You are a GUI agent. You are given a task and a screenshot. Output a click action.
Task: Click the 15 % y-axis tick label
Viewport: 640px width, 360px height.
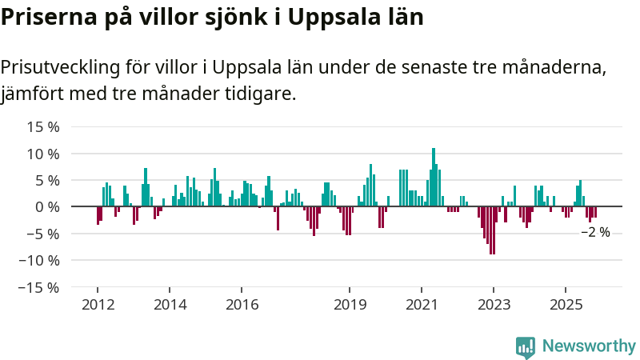(43, 126)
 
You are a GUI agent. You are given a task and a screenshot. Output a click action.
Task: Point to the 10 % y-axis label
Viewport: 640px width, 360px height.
(43, 154)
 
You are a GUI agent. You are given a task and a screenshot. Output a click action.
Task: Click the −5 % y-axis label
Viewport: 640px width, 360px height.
(42, 234)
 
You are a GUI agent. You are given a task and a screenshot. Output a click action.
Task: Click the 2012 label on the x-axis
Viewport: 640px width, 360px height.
(98, 304)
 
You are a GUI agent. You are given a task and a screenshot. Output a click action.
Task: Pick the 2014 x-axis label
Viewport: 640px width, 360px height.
(170, 304)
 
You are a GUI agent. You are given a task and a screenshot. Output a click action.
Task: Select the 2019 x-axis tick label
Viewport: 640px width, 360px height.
(350, 304)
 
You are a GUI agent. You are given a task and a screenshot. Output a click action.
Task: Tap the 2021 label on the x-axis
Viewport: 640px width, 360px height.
(422, 304)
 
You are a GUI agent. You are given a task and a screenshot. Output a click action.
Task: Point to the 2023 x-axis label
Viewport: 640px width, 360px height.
(494, 304)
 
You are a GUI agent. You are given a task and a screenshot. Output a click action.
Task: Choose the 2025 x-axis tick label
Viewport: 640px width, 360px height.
(566, 304)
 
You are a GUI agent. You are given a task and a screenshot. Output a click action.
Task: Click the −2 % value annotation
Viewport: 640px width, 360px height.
(595, 232)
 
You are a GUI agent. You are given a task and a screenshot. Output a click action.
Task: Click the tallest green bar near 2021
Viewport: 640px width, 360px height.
(434, 176)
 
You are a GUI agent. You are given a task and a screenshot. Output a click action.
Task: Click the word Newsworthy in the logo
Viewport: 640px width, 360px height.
(589, 346)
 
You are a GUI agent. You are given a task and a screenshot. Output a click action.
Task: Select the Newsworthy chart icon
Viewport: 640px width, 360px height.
(526, 346)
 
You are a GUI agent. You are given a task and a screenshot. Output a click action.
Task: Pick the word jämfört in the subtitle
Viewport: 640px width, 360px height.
(32, 94)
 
